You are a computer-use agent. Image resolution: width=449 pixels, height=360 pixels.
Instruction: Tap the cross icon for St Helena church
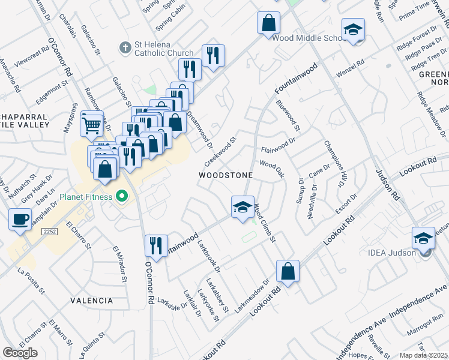click(x=125, y=47)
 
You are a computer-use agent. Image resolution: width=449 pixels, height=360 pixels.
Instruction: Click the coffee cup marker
click(x=20, y=219)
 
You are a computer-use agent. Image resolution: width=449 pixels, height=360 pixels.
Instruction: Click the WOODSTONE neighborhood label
click(x=226, y=175)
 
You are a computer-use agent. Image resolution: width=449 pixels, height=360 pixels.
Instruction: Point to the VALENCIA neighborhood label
click(x=91, y=300)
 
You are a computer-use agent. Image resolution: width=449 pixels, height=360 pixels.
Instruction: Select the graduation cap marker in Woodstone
click(x=243, y=208)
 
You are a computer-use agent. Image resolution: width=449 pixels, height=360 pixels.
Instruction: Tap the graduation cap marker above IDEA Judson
click(x=423, y=238)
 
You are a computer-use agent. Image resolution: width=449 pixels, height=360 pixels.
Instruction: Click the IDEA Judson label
click(x=397, y=253)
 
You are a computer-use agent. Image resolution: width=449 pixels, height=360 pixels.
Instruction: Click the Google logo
click(x=20, y=352)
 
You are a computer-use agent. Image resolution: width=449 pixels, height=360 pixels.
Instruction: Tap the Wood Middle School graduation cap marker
click(x=353, y=30)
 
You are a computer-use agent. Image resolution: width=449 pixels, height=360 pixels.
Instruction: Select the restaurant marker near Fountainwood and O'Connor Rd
click(x=155, y=245)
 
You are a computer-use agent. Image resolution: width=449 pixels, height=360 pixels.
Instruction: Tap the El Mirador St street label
click(x=120, y=264)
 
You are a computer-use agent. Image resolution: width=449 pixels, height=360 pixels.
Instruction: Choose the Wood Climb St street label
click(x=264, y=223)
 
